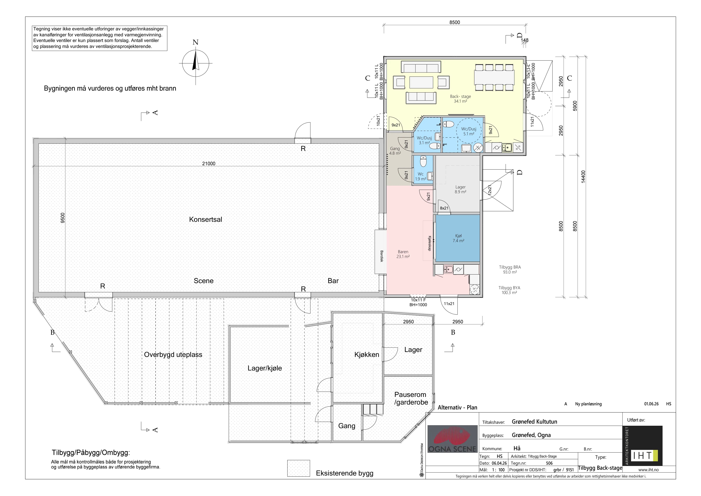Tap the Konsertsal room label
point(206,219)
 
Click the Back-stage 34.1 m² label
point(460,99)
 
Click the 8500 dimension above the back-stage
point(455,22)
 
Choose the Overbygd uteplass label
point(173,355)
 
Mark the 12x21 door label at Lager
point(490,190)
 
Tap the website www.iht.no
point(648,470)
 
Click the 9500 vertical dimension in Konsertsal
point(63,218)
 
